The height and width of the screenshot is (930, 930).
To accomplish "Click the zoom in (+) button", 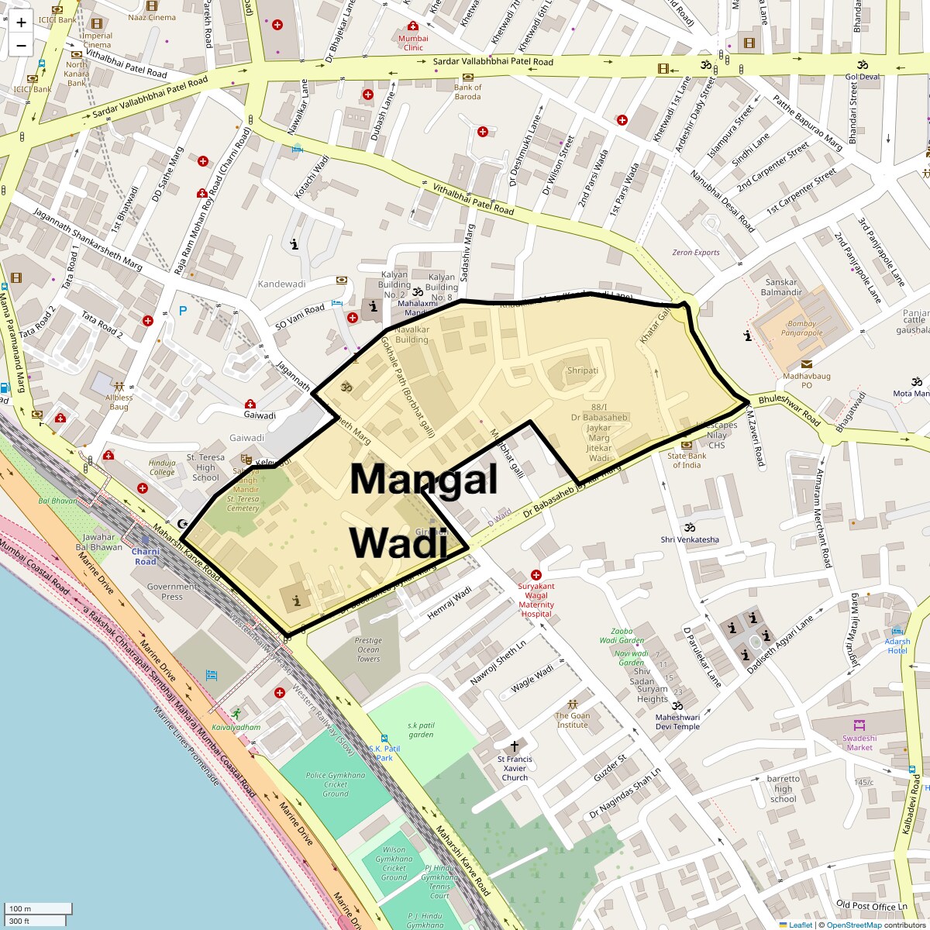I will click(21, 22).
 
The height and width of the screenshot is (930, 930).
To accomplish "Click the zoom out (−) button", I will click(21, 45).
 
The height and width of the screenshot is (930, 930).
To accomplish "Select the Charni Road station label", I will click(146, 556).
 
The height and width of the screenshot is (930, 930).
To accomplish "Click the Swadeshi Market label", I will click(859, 742).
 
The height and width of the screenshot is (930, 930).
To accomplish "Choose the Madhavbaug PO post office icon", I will click(806, 363).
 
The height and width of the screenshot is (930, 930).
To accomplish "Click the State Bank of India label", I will click(687, 460).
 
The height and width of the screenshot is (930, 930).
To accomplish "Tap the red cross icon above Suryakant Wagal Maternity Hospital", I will click(536, 575).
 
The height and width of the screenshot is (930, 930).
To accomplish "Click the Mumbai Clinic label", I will click(413, 43).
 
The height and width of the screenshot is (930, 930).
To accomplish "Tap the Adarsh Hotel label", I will click(897, 646).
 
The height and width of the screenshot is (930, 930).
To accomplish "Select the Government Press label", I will click(172, 591).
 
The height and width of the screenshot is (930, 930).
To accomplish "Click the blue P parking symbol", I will click(183, 311).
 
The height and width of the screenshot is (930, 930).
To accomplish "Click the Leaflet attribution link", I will click(801, 925).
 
